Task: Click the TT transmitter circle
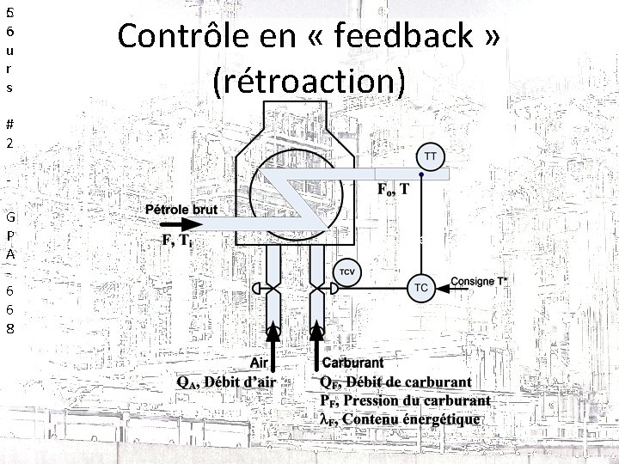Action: [x=431, y=157]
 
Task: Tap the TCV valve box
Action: [x=347, y=272]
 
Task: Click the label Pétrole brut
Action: [x=181, y=209]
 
